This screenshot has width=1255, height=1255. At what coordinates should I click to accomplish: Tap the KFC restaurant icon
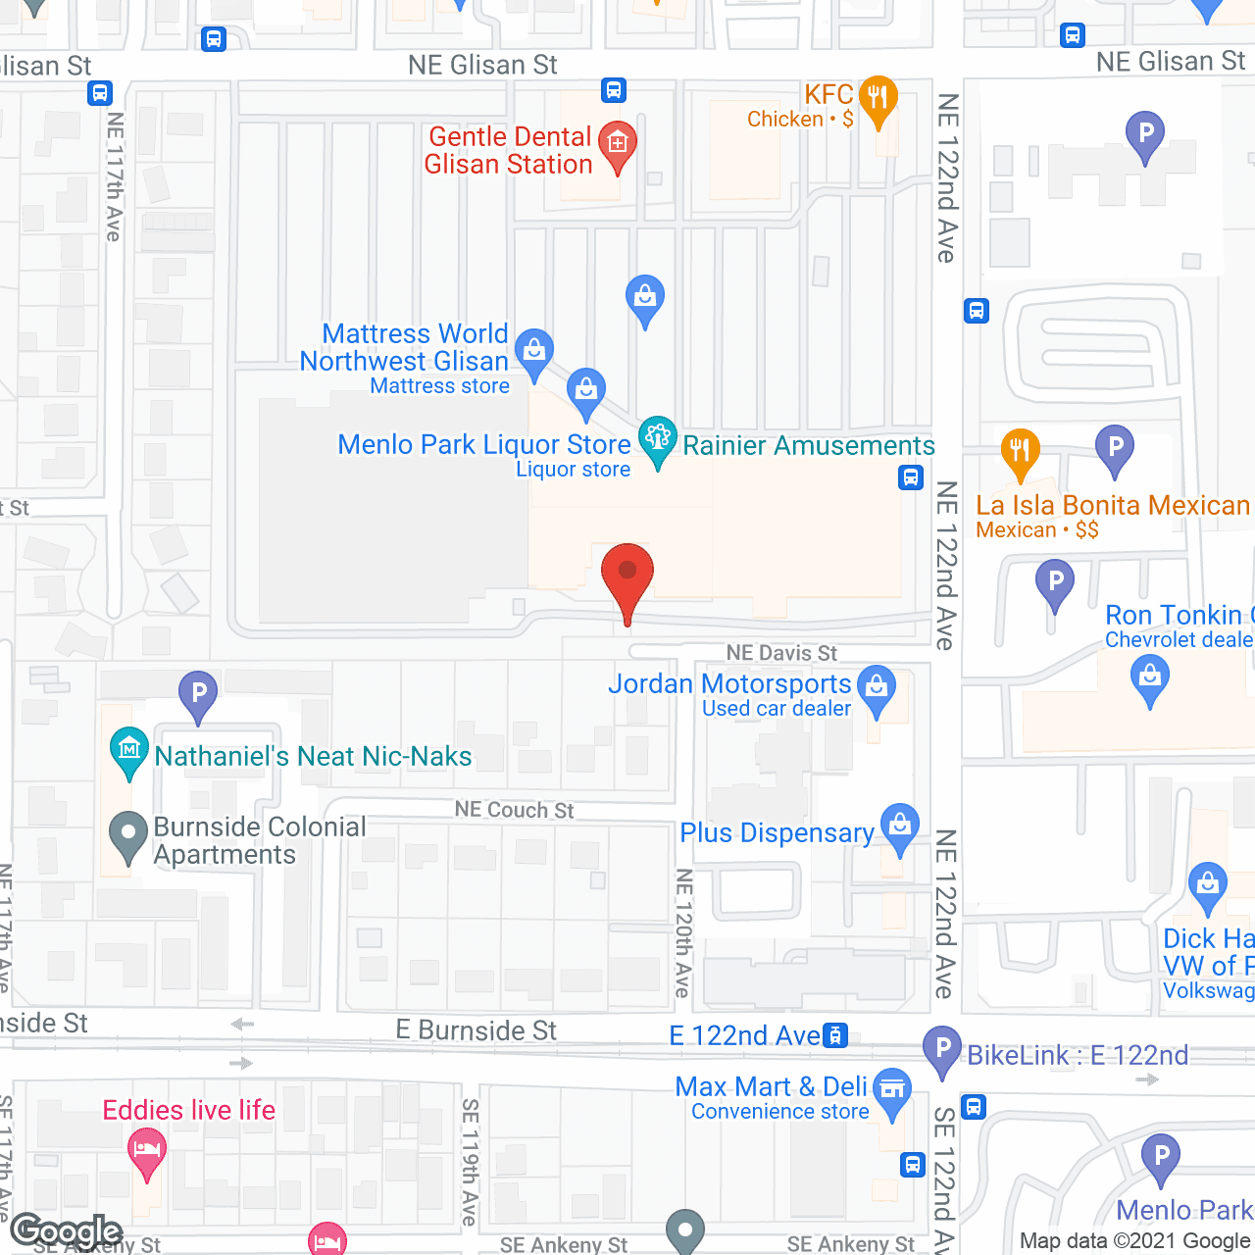878,98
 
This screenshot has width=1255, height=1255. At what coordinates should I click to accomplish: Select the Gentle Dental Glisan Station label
509,150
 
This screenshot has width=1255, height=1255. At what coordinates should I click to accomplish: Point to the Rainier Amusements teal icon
657,438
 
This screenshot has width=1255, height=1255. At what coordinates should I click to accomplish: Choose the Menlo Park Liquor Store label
484,445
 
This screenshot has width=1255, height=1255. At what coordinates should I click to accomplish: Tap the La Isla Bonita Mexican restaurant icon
1020,451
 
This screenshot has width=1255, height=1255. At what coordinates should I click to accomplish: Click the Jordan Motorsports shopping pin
877,687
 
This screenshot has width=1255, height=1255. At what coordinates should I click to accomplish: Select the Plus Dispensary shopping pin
899,826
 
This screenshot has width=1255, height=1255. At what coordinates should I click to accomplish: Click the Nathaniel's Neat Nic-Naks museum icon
129,750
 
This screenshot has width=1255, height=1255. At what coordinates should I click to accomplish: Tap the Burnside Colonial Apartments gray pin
127,835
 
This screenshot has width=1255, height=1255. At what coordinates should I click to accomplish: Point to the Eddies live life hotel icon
147,1149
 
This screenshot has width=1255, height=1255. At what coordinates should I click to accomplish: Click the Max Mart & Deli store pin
891,1089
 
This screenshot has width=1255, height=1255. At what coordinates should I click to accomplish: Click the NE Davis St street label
781,653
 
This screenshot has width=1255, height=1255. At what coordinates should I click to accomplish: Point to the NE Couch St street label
514,810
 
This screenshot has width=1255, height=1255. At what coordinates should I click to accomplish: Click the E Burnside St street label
476,1030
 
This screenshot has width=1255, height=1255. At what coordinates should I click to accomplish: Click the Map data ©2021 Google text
1134,1241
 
